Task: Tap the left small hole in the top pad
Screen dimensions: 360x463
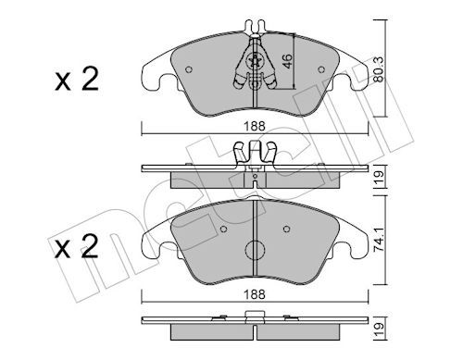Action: click(189, 68)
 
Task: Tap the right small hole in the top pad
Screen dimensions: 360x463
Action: click(319, 68)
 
